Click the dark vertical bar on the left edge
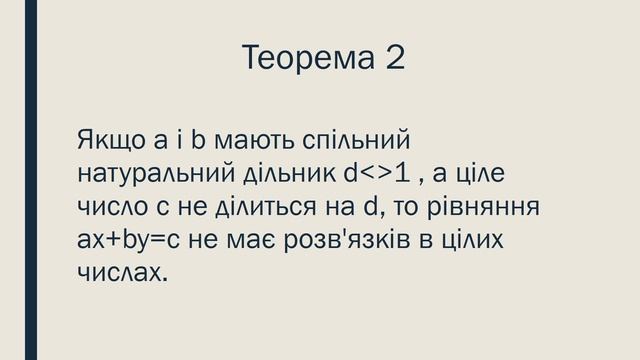30,180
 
